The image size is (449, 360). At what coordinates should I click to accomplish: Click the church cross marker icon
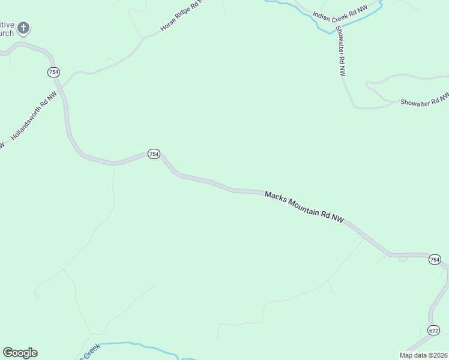[x=23, y=28]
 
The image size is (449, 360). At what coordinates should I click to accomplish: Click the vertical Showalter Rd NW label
[x=340, y=51]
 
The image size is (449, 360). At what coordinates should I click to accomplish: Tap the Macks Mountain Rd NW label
[x=304, y=208]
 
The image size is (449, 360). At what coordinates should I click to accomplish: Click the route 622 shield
[x=433, y=331]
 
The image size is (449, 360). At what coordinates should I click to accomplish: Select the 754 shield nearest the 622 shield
[x=435, y=260]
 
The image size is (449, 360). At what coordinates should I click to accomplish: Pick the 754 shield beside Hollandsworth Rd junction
[x=53, y=72]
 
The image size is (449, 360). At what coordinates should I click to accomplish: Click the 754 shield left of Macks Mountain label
[x=154, y=154]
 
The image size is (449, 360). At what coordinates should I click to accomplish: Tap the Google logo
[x=20, y=353]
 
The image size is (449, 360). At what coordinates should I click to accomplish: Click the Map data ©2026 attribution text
[x=423, y=355]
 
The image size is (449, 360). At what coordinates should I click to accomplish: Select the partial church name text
[x=7, y=28]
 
